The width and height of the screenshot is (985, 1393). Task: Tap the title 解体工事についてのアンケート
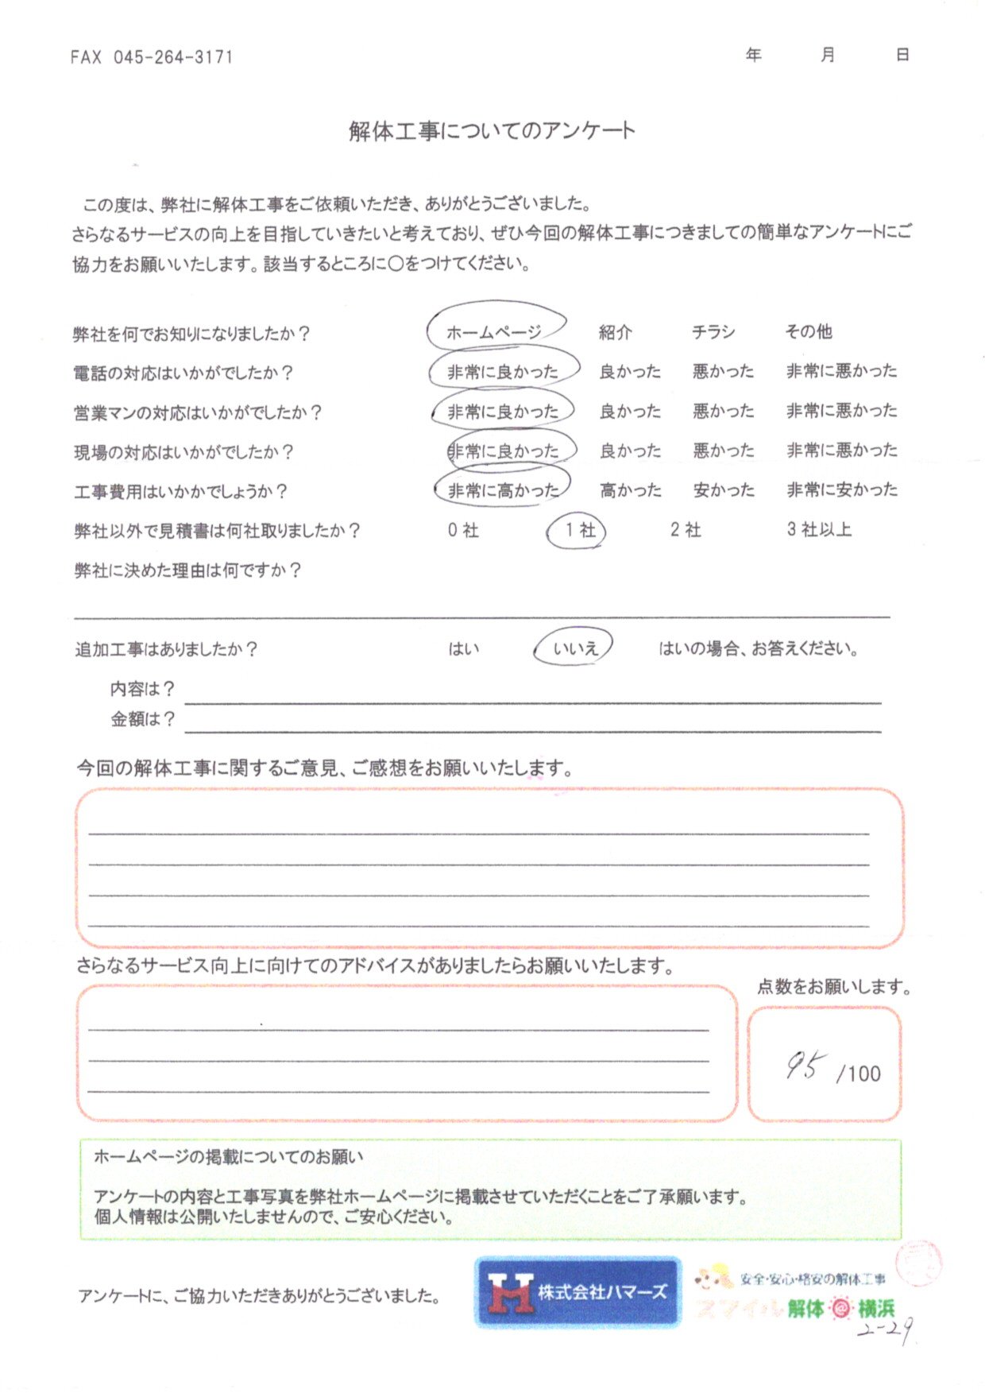[x=492, y=131]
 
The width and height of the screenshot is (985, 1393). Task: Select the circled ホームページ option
[x=494, y=332]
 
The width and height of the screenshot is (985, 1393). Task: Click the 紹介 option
[x=615, y=332]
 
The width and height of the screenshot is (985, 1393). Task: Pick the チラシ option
[x=713, y=332]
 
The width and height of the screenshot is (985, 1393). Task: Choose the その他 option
[x=809, y=331]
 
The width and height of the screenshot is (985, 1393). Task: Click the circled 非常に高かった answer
[x=503, y=490]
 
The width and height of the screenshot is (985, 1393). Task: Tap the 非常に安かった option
[x=842, y=489]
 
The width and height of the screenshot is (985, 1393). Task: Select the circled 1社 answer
[x=577, y=531]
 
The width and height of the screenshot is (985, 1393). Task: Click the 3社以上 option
[x=819, y=529]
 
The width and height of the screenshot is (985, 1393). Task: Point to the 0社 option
[x=463, y=530]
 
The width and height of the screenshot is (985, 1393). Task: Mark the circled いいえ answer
[x=575, y=648]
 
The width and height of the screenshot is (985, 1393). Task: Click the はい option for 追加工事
[x=463, y=649]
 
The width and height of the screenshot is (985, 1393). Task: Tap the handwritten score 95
[x=805, y=1066]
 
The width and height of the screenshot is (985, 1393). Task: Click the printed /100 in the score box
[x=859, y=1074]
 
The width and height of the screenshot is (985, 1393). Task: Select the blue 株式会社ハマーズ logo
[x=577, y=1292]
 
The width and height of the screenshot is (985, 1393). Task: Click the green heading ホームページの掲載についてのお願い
[x=229, y=1157]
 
